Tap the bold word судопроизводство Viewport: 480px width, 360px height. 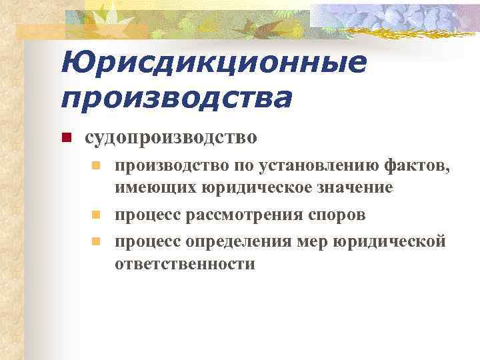tap(170, 138)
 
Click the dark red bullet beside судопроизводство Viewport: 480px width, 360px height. tap(66, 139)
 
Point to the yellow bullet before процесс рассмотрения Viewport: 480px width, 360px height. tap(96, 215)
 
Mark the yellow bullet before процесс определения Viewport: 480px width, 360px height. tap(96, 240)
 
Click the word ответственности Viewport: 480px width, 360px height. tap(185, 264)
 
